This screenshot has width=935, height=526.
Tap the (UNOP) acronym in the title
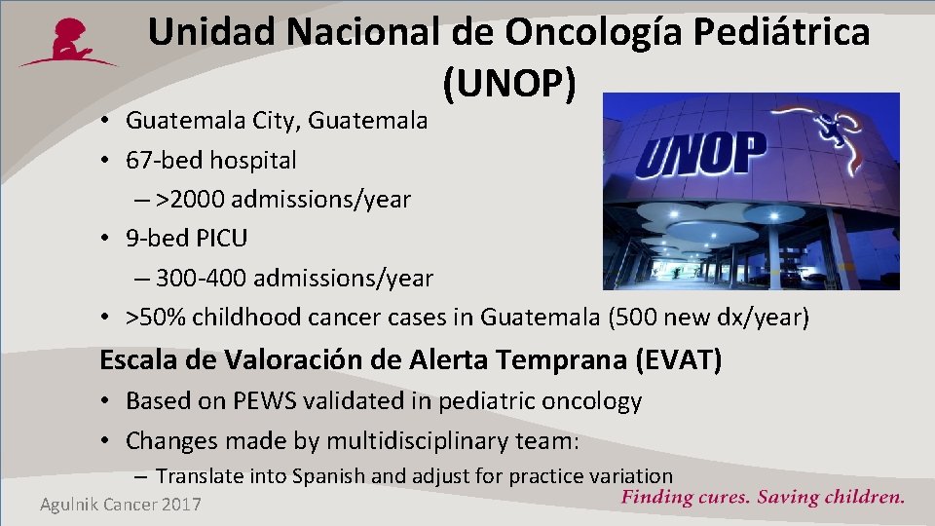pos(509,86)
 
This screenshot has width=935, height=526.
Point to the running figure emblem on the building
pos(838,131)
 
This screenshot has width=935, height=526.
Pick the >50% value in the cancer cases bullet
pos(152,318)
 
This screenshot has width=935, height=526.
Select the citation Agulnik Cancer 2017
pos(121,504)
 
